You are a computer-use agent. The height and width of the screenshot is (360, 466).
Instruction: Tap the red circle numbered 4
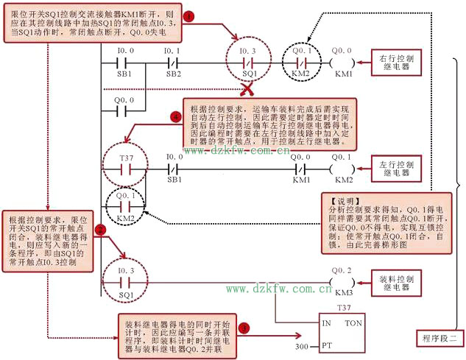coord(175,118)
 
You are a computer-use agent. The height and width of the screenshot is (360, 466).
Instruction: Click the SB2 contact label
coord(173,74)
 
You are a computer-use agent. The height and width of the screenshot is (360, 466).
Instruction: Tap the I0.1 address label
coord(173,50)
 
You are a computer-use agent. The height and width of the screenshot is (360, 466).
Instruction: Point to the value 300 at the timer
coord(302,345)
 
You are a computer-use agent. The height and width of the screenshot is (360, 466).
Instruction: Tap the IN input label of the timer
coord(328,324)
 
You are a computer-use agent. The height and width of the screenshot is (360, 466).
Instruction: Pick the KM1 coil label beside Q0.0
coord(343,74)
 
